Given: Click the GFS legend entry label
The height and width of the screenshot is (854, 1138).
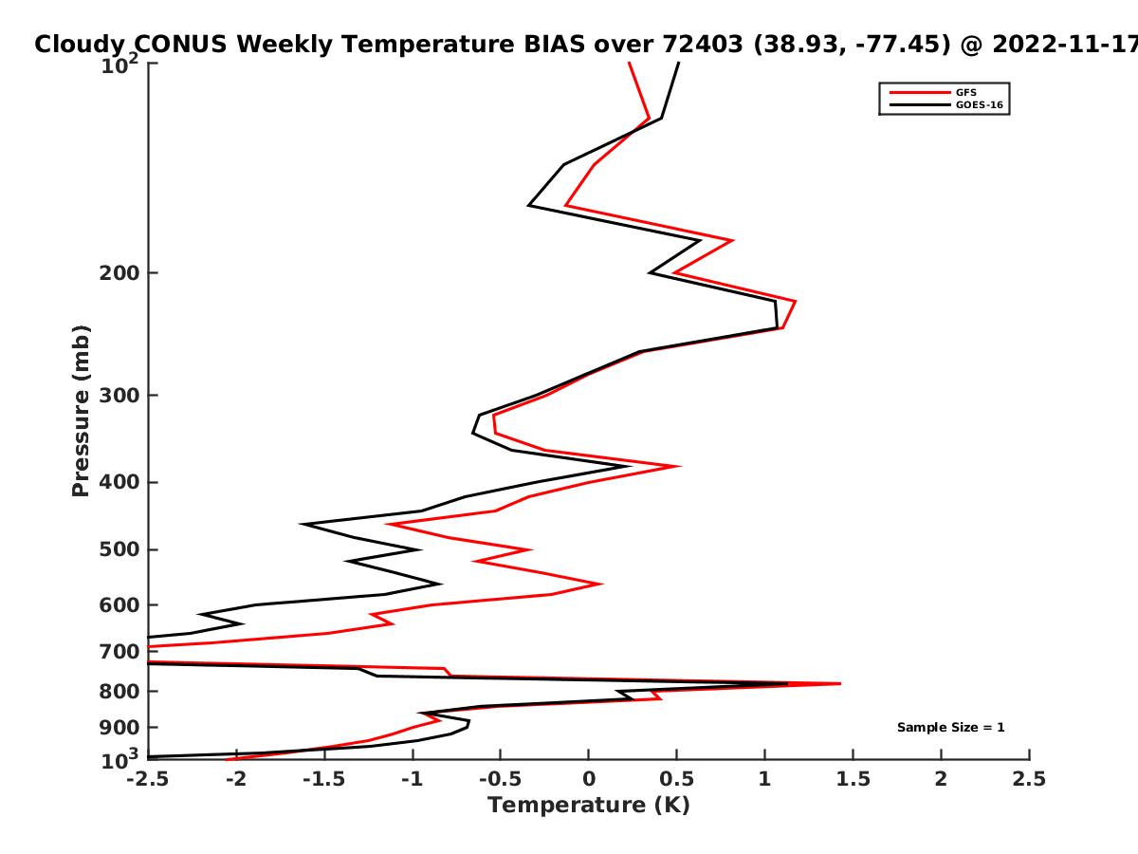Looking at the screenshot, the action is [x=965, y=93].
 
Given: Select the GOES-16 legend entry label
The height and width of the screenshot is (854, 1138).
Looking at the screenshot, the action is [x=980, y=104].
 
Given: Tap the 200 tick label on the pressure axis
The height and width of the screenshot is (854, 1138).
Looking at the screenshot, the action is [x=119, y=272].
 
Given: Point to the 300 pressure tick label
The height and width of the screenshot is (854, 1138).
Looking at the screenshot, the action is [x=119, y=395].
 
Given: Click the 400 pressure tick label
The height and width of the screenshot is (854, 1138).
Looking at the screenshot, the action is [x=119, y=482].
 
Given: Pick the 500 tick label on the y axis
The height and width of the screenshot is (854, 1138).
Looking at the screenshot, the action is [x=119, y=549].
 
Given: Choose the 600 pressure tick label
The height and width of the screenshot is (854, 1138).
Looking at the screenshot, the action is [x=119, y=605].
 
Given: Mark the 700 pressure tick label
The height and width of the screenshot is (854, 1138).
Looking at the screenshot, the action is [x=119, y=652].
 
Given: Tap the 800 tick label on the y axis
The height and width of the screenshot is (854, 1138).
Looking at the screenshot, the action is [x=119, y=692].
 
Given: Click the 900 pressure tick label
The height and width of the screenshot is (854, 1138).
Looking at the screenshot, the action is [x=119, y=728].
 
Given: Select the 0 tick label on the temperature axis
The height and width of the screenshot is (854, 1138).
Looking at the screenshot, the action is [x=589, y=779].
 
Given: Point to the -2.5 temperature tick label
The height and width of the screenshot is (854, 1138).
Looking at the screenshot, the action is [x=148, y=779].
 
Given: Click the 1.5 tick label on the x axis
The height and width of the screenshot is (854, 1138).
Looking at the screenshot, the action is [x=853, y=779].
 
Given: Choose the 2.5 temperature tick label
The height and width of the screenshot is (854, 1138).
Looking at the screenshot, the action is [x=1029, y=779].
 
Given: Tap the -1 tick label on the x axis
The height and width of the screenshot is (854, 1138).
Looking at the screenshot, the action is [x=413, y=779].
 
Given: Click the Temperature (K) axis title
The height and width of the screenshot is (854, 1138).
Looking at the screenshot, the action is [x=589, y=806].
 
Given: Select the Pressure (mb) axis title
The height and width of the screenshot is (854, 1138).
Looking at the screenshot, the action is [x=81, y=411].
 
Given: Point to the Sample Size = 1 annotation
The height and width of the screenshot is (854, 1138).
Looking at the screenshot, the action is [x=951, y=728].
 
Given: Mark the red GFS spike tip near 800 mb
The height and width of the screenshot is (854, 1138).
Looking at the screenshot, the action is [x=840, y=683].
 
